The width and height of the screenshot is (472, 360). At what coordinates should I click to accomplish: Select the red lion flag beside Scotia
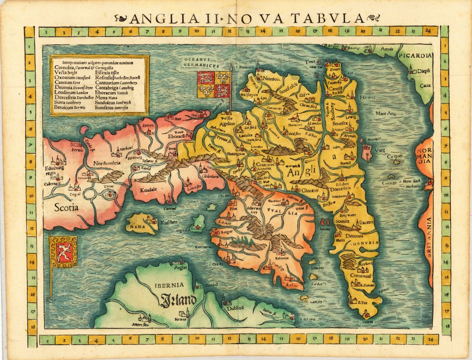coord(63,252)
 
